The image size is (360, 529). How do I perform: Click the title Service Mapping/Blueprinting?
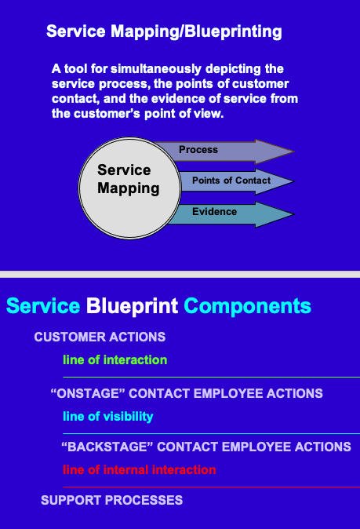[164, 32]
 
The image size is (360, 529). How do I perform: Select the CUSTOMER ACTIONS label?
[100, 337]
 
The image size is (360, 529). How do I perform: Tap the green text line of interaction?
[115, 360]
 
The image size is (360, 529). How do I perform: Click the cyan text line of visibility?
[107, 417]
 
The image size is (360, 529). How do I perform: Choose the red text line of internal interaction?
[139, 470]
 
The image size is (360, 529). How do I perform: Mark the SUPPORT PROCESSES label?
[111, 500]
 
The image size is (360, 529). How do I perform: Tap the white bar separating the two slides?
[180, 274]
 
